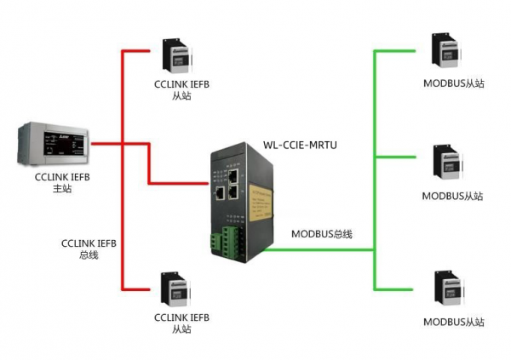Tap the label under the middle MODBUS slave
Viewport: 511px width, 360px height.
(452, 196)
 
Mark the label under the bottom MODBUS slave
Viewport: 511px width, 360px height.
(452, 323)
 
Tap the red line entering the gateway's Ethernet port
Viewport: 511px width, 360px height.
(179, 184)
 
